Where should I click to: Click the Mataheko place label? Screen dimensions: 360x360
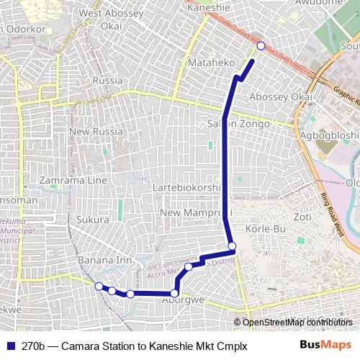pos(207,63)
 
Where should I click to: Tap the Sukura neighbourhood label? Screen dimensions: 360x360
pos(94,218)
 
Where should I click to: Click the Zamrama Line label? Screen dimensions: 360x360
pos(73,180)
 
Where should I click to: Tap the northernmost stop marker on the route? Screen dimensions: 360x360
pos(261,45)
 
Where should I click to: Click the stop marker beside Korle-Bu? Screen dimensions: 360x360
pos(232,247)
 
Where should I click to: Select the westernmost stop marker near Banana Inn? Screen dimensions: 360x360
pos(99,287)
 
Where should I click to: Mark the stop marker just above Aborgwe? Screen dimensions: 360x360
pos(175,293)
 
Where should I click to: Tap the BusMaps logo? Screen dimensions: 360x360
pos(325,345)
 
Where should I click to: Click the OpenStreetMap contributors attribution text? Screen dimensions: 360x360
pos(295,323)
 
